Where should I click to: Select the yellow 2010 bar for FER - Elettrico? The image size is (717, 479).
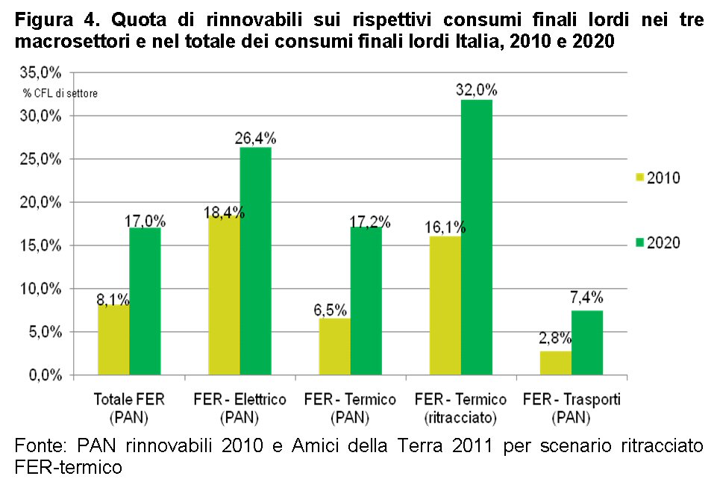tap(224, 295)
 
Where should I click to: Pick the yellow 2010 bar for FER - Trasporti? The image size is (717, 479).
tap(556, 363)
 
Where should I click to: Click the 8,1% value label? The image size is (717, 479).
tap(113, 299)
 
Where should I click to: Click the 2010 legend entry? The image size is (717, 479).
tap(657, 178)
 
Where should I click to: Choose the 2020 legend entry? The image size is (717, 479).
tap(657, 242)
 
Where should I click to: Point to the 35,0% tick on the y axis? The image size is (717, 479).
tap(42, 73)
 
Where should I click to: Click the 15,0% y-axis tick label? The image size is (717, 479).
tap(42, 245)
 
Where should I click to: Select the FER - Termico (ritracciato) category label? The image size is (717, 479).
tap(460, 407)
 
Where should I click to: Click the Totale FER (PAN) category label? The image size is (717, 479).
tap(130, 407)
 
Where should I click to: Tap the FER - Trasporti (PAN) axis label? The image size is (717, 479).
tap(571, 407)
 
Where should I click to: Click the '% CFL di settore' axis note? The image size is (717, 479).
tap(60, 93)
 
